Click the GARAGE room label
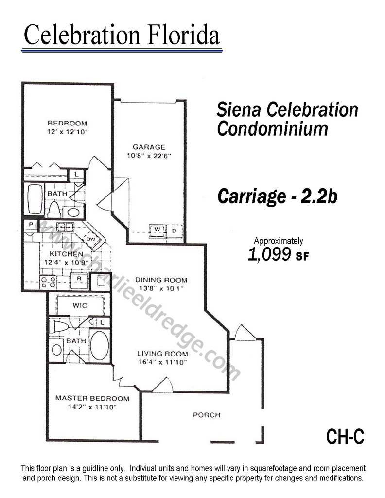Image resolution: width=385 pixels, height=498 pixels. pos(149,147)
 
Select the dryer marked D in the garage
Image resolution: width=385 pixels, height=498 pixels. pos(174,231)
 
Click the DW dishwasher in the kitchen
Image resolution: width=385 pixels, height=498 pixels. pos(91,239)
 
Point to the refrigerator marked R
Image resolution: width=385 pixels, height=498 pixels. pos(79,281)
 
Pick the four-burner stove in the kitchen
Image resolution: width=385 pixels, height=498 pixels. pos(48,283)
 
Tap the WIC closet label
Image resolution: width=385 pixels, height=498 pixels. pos(80,305)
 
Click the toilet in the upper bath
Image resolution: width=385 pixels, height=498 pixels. pos(54,209)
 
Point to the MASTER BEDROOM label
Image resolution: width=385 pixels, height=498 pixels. pos(92,398)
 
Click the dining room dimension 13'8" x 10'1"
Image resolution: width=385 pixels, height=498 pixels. pos(161,289)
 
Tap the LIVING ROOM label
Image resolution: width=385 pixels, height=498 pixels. pos(162,354)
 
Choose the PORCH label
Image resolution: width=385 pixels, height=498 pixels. pos(207,415)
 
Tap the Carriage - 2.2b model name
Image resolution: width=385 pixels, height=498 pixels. pos(277,196)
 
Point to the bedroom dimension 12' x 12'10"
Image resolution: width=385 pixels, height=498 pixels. pos(67,132)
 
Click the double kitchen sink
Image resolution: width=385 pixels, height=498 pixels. pos(65,227)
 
